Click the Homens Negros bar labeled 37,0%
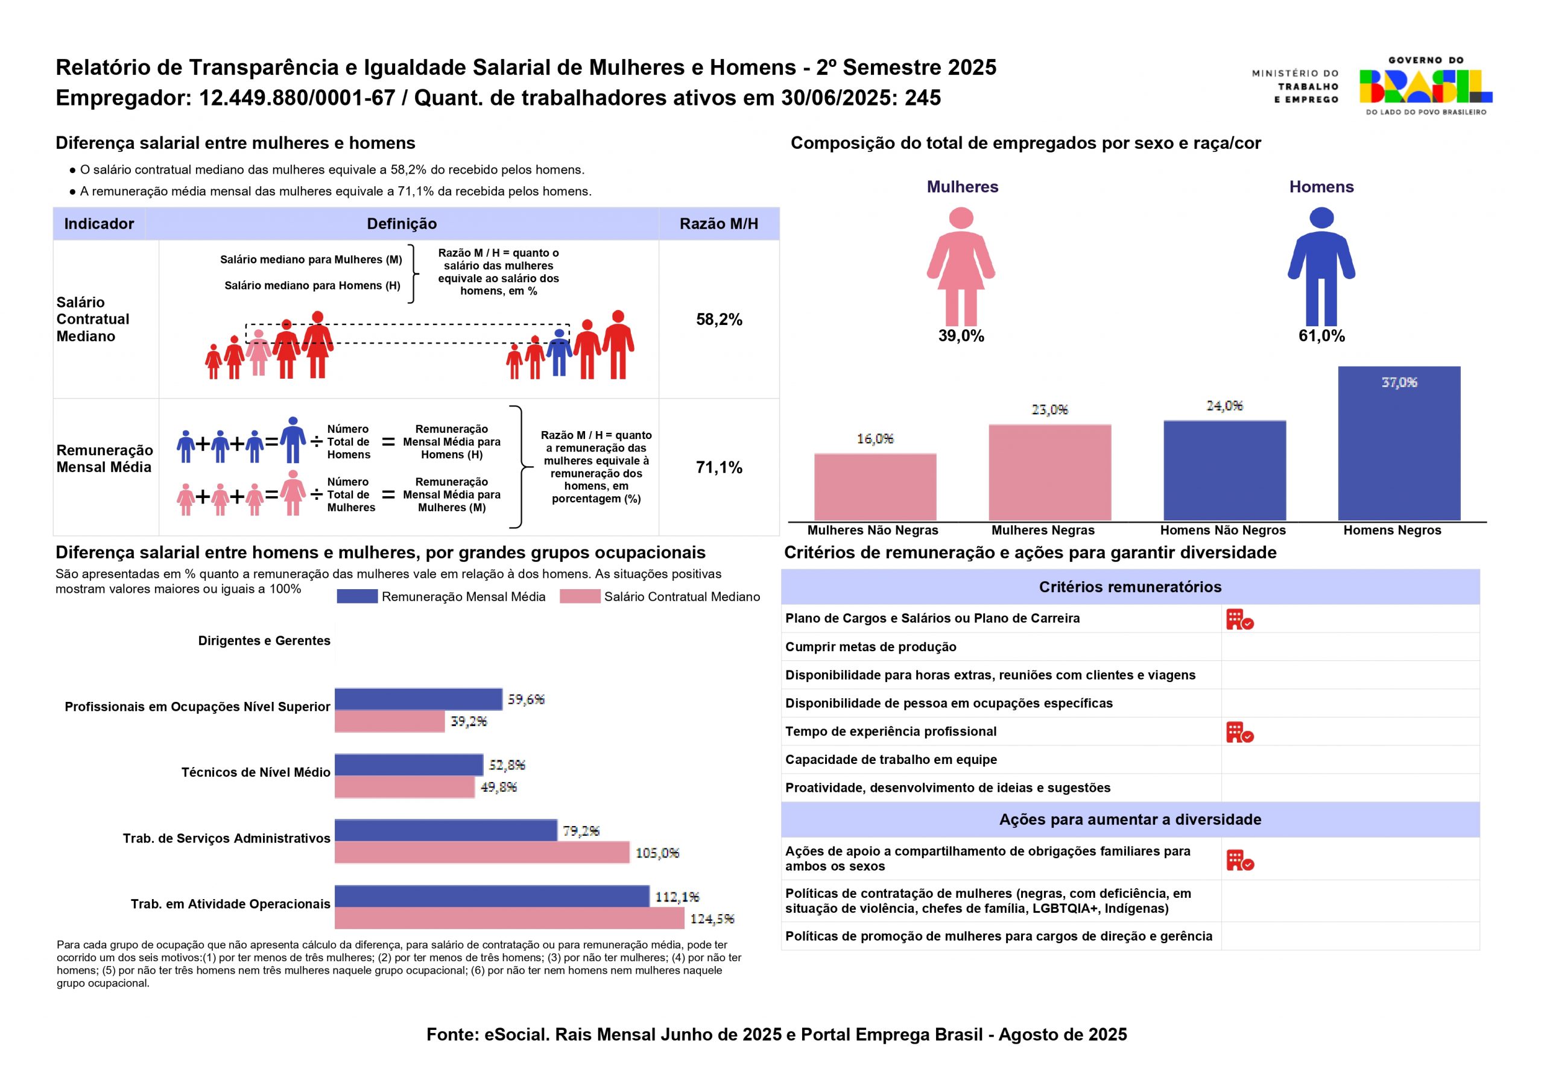coord(1399,444)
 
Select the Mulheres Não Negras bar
coord(875,487)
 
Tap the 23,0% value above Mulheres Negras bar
coord(1049,409)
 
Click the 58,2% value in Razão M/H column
coord(719,320)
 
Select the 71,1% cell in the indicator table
coord(719,467)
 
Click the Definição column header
coord(402,224)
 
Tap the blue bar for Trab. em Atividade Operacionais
coord(492,896)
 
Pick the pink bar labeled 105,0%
coord(481,853)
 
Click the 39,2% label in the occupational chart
coord(469,722)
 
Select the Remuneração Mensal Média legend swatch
coord(357,596)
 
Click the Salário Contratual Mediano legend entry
coord(681,596)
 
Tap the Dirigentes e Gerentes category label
coord(264,641)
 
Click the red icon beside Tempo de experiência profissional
coord(1239,732)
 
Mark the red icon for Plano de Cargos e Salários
coord(1239,619)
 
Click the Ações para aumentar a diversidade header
coord(1130,819)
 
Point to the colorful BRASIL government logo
coord(1425,86)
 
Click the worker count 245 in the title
coord(923,98)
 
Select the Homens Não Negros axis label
coord(1223,530)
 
